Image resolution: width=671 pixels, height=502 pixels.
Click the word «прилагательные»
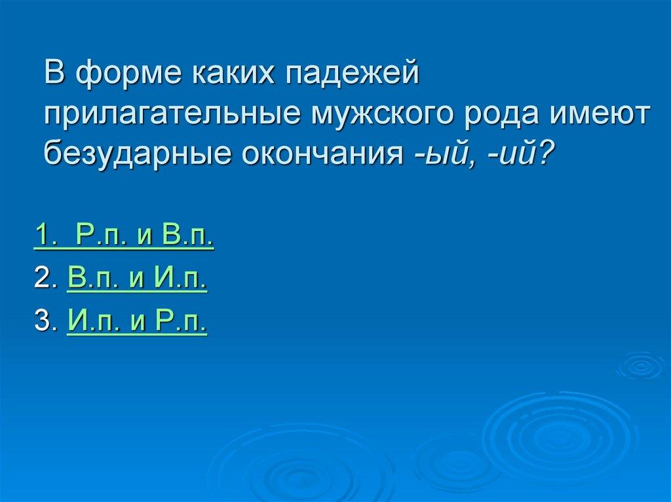169,115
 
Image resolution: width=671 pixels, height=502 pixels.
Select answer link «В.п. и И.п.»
137,280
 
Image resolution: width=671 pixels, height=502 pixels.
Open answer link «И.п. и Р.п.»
137,322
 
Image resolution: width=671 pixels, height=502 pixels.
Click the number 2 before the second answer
43,280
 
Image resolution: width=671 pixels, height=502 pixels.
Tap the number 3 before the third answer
43,322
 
